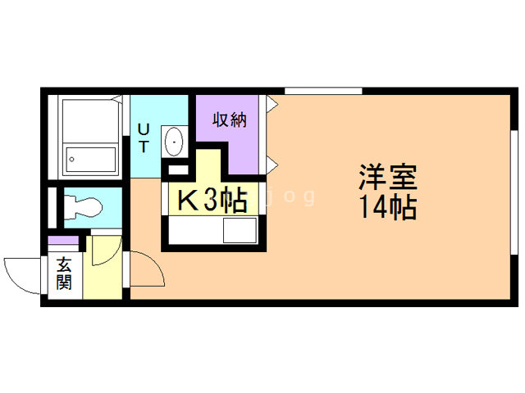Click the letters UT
pos(144,138)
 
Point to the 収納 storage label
pos(231,120)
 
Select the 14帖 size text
pos(387,207)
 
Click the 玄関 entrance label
pos(64,274)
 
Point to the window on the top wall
pos(323,89)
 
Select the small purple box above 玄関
pos(63,242)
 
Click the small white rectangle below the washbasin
pos(176,169)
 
